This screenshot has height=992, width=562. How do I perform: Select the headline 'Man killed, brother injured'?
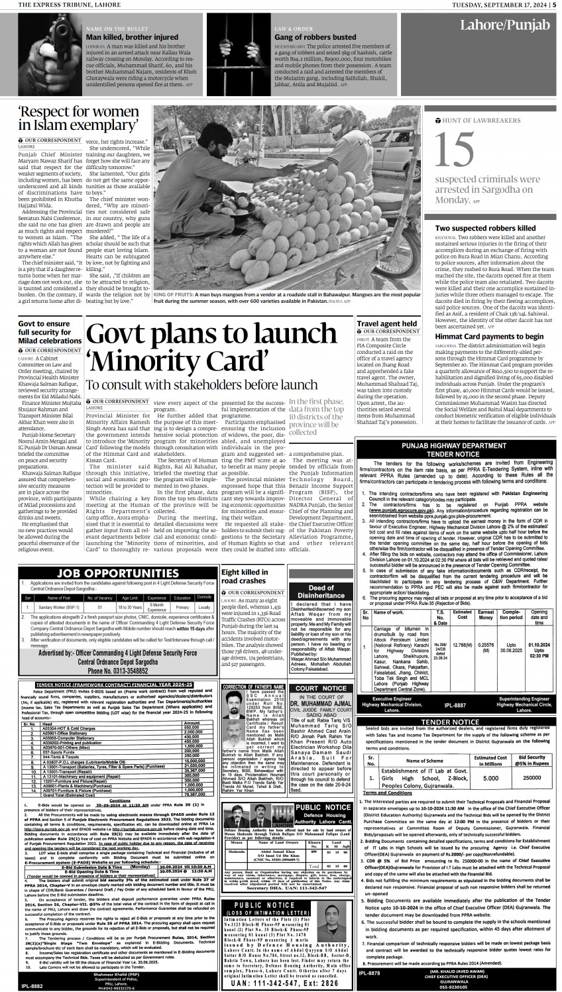(123, 38)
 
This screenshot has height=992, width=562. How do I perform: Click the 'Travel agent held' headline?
(386, 325)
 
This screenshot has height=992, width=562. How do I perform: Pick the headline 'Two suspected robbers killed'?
(485, 228)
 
